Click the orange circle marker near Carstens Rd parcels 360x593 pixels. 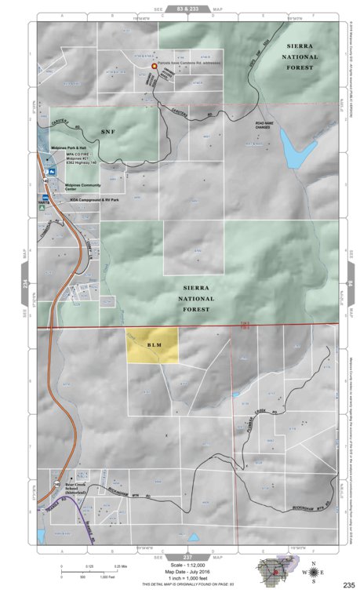(x=155, y=67)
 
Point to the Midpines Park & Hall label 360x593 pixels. (x=67, y=147)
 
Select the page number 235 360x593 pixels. (x=349, y=585)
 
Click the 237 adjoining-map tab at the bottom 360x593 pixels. (x=187, y=556)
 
